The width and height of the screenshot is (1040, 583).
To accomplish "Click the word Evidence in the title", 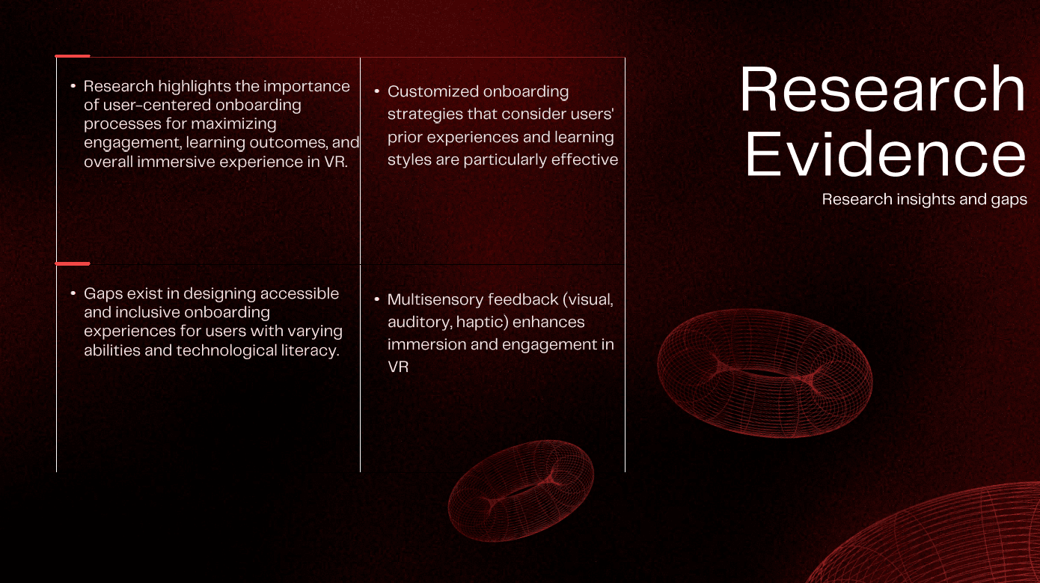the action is click(x=885, y=153).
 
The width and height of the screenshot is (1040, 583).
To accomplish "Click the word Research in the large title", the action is click(x=882, y=89).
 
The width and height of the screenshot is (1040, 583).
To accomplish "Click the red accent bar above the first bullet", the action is click(x=73, y=56).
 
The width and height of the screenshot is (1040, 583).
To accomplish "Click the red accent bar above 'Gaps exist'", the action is click(x=73, y=264).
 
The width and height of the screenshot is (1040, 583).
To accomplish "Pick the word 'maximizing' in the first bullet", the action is click(x=233, y=124).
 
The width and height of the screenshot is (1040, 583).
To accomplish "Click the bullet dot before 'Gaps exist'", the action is click(x=73, y=293).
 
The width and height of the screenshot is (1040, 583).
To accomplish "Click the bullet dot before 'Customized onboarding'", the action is click(x=376, y=91).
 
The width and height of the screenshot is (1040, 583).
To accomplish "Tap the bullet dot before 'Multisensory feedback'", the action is click(x=376, y=299).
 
